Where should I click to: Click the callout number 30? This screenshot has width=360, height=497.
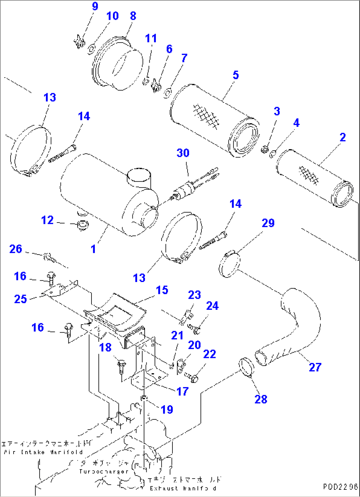click(x=183, y=153)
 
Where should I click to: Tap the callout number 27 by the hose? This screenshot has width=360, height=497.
click(x=315, y=367)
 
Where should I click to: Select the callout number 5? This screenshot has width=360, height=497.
click(x=235, y=75)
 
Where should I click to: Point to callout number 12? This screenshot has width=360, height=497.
click(x=47, y=220)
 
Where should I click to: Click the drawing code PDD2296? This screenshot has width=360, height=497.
click(x=341, y=487)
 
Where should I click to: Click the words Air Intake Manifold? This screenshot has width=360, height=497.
click(x=43, y=452)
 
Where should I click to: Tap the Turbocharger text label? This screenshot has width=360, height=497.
click(x=103, y=471)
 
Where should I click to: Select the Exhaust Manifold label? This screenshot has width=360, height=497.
click(x=183, y=488)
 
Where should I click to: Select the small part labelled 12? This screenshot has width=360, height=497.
click(x=82, y=226)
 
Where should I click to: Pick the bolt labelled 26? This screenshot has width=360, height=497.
click(x=49, y=256)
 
